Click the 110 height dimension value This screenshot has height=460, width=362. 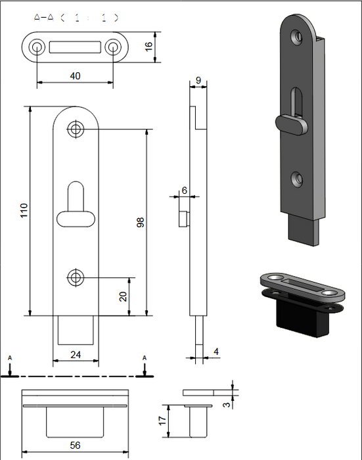[x=24, y=210]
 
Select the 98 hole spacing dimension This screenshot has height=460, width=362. [x=140, y=221]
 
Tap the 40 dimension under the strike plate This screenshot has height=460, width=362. [x=75, y=76]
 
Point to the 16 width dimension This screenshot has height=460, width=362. [x=148, y=47]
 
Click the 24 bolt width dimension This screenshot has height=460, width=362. [x=76, y=355]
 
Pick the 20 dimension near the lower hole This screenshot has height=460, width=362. [x=123, y=296]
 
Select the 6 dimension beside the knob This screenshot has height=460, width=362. [x=184, y=190]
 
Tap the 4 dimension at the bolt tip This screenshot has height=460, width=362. [x=216, y=352]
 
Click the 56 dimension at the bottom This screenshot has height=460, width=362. [x=75, y=445]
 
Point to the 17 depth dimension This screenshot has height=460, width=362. [x=163, y=421]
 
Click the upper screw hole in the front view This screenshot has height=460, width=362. [x=76, y=129]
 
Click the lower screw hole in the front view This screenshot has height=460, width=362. [x=76, y=277]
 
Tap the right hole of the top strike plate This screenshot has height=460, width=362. [x=113, y=47]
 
